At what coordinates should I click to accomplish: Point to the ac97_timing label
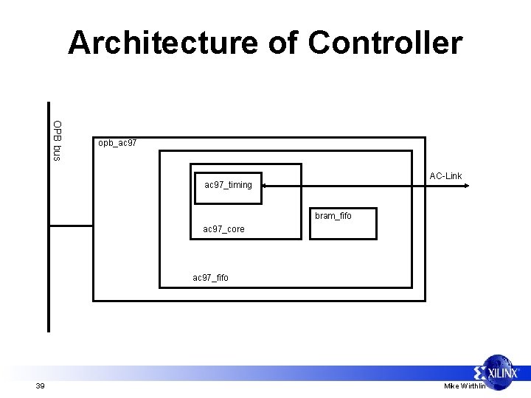228,185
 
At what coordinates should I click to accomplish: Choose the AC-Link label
445,175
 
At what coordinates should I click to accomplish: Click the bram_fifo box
333,223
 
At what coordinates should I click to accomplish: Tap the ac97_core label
223,229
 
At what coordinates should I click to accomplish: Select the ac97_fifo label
210,278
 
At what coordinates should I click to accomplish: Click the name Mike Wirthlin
465,386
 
